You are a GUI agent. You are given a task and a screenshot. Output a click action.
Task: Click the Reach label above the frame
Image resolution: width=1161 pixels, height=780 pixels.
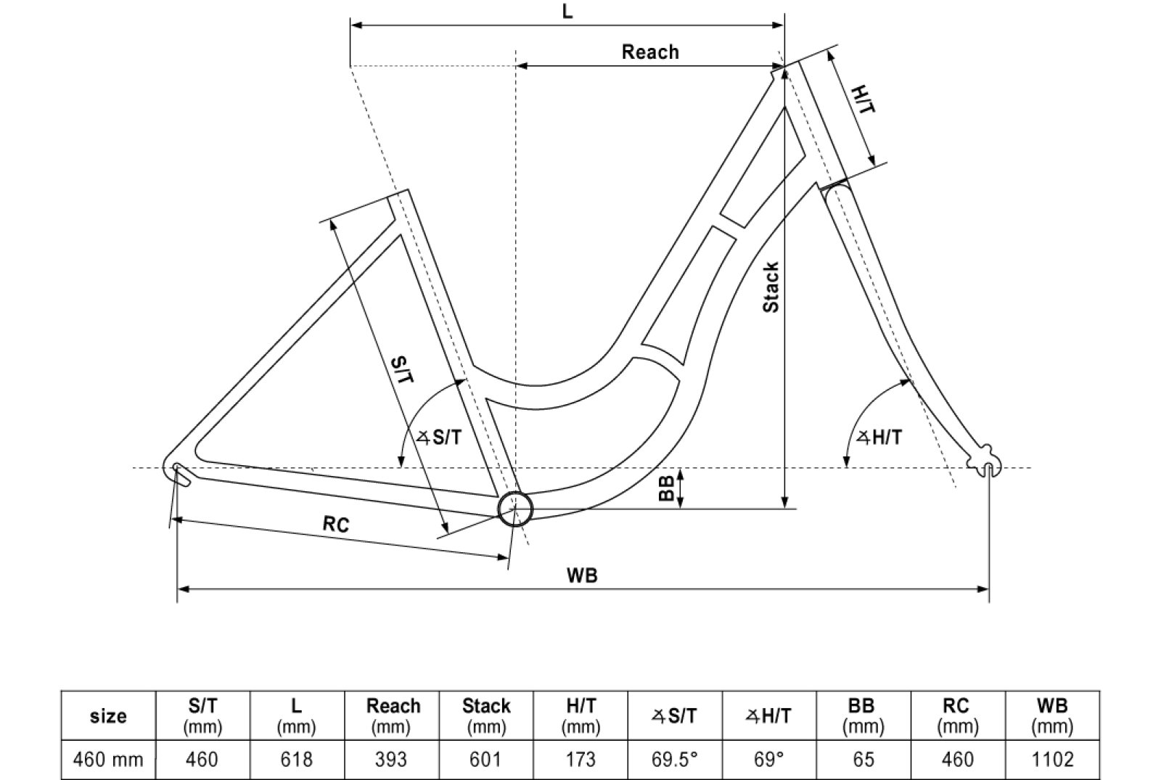click(x=650, y=52)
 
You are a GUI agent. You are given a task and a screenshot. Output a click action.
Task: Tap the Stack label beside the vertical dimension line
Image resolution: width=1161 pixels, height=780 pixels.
click(x=771, y=287)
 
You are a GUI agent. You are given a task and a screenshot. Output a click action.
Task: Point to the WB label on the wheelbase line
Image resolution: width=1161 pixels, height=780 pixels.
click(x=582, y=575)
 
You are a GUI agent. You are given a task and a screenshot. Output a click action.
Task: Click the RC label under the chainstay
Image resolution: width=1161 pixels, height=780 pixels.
click(x=335, y=523)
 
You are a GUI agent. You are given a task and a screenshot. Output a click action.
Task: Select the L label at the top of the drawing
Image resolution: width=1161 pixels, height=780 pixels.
click(x=567, y=12)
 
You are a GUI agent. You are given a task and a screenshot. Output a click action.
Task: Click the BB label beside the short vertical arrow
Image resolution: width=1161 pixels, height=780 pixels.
click(x=666, y=488)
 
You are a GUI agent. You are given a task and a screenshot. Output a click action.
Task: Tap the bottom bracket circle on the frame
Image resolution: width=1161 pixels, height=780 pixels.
click(x=514, y=508)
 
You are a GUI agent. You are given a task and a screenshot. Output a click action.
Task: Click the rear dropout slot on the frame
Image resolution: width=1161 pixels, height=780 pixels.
click(x=180, y=475)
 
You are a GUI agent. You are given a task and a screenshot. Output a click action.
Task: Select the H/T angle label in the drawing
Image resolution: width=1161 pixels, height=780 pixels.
click(x=879, y=438)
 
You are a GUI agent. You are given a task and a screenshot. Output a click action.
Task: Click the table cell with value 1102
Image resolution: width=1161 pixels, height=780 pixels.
click(x=1052, y=760)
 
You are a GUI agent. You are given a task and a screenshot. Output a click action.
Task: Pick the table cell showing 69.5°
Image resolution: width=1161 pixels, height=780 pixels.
click(x=675, y=760)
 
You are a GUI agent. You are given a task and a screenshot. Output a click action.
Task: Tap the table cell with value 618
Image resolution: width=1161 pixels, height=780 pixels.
click(x=297, y=760)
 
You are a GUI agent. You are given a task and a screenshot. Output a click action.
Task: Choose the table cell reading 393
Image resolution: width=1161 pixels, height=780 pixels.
click(x=392, y=760)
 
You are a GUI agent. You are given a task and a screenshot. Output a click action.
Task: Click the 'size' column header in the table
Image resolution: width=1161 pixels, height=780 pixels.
click(x=108, y=716)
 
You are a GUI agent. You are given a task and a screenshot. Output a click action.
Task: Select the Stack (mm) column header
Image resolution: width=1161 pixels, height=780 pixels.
click(x=486, y=715)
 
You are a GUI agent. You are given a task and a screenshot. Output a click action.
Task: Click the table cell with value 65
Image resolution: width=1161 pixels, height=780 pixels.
click(x=863, y=760)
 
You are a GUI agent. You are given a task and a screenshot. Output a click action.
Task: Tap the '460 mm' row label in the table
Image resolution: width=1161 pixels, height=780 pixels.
click(x=108, y=760)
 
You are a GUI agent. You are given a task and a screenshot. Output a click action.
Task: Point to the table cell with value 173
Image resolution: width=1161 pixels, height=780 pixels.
click(x=580, y=760)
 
